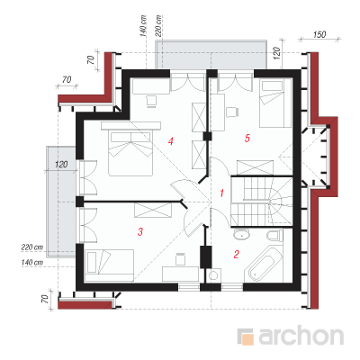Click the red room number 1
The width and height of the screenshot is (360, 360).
(x=221, y=193)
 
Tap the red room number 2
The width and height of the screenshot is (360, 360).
(x=236, y=255)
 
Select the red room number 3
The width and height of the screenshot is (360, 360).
(x=140, y=231)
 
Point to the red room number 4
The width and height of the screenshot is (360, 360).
(x=171, y=141)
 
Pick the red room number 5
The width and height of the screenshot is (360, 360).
(x=247, y=139)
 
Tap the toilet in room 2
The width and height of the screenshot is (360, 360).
(x=274, y=235)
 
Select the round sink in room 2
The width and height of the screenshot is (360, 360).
(x=241, y=234)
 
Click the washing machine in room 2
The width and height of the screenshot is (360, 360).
(x=214, y=275)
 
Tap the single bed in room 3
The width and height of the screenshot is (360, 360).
(x=110, y=265)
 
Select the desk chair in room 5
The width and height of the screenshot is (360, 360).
(x=232, y=112)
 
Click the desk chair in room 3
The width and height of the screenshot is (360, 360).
(x=180, y=259)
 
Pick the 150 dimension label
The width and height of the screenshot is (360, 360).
(x=319, y=34)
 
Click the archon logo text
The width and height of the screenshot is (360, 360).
(x=301, y=336)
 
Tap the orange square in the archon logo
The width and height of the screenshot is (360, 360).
(x=247, y=339)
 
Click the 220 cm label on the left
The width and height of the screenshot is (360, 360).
(x=32, y=247)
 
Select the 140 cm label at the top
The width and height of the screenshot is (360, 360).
(x=144, y=26)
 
